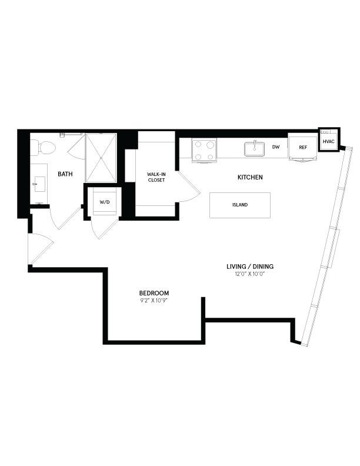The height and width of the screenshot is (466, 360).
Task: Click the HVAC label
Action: pos(328,142)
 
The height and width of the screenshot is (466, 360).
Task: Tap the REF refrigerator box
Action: pos(303,148)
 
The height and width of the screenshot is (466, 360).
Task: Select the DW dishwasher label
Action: pos(276,147)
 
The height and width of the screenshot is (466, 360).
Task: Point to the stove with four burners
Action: pos(204,149)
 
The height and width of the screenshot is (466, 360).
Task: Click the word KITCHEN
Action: pos(249,177)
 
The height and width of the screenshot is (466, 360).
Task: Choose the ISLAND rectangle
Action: pos(239,205)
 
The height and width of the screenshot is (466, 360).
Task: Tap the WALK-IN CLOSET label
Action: pos(156,177)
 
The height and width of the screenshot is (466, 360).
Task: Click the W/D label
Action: pos(105,202)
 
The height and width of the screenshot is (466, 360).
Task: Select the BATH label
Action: pos(65,174)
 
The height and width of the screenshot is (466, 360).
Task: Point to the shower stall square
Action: pos(101,158)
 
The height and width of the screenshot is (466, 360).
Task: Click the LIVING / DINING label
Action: pos(250,267)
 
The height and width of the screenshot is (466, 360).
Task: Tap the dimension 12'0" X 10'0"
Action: pos(250,274)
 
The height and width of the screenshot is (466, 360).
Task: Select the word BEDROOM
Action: pos(154,293)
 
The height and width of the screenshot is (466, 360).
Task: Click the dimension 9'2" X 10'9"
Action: pos(154,301)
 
